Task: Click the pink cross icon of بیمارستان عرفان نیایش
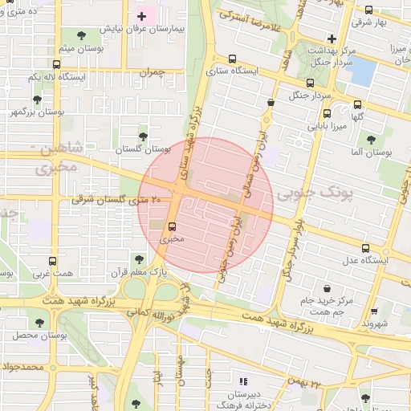pyautogui.click(x=142, y=16)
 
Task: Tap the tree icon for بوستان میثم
pyautogui.click(x=80, y=35)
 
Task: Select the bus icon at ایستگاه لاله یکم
pyautogui.click(x=56, y=64)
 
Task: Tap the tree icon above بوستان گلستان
pyautogui.click(x=143, y=136)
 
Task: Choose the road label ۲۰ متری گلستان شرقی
pyautogui.click(x=116, y=198)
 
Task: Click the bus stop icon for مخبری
pyautogui.click(x=172, y=226)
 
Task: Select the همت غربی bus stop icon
pyautogui.click(x=53, y=262)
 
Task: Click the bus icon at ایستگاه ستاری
pyautogui.click(x=233, y=59)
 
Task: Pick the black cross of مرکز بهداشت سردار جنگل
pyautogui.click(x=332, y=38)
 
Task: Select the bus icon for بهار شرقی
pyautogui.click(x=368, y=10)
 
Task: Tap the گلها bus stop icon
pyautogui.click(x=358, y=104)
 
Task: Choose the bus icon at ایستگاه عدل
pyautogui.click(x=366, y=248)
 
